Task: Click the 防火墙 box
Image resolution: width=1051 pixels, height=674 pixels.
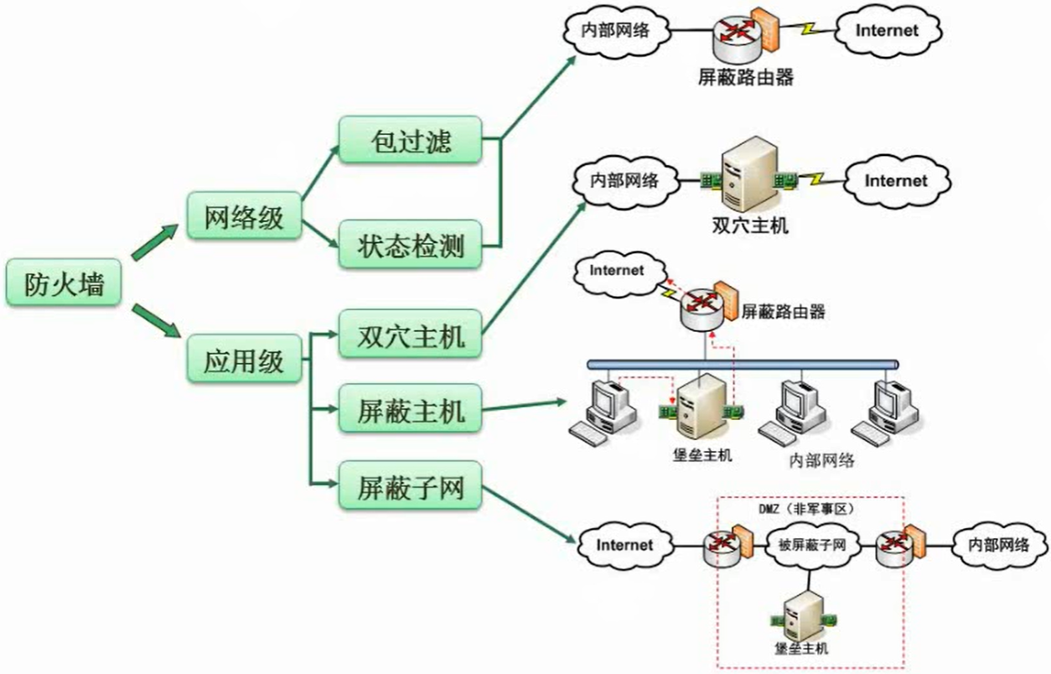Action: (64, 283)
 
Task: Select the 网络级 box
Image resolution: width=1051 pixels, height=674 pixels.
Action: (244, 216)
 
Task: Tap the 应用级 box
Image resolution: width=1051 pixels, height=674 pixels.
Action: (244, 359)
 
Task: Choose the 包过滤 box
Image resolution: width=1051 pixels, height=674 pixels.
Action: (411, 140)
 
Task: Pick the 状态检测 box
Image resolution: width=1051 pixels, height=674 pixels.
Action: (411, 245)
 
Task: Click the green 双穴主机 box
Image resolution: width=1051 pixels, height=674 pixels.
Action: (411, 334)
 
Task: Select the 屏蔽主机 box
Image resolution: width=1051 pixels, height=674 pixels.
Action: (411, 409)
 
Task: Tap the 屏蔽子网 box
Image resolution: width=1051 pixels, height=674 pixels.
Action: (411, 485)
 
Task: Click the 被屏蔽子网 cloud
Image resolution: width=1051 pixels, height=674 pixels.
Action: (812, 545)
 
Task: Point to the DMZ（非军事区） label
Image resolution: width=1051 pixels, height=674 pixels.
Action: (806, 509)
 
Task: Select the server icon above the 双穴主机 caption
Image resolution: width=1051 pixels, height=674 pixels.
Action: (749, 174)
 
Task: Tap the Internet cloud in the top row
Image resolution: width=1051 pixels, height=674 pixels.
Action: (888, 30)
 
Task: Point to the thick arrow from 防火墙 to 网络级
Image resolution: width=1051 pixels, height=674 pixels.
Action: (155, 241)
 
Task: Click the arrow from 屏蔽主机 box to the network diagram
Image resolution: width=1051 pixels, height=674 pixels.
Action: (524, 406)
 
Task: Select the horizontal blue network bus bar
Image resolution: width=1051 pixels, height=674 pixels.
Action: (743, 365)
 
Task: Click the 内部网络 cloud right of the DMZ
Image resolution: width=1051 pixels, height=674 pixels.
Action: (1000, 545)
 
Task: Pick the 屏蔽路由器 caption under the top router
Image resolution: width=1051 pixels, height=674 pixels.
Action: (745, 77)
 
